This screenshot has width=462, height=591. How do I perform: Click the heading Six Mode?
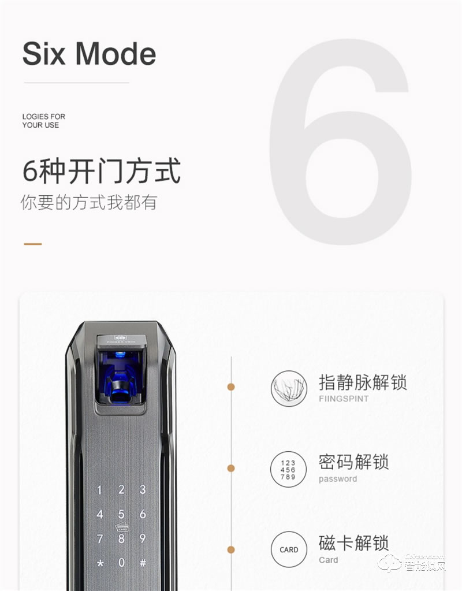click(x=89, y=54)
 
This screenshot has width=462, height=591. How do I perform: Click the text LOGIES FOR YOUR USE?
click(x=43, y=121)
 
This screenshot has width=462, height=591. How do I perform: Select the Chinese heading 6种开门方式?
click(x=101, y=170)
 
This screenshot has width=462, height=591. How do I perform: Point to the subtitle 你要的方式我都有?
click(x=88, y=203)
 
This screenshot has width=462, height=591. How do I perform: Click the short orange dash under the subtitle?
click(x=33, y=244)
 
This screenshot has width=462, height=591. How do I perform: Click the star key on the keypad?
click(x=100, y=563)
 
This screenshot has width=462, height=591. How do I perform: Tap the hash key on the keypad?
click(x=143, y=563)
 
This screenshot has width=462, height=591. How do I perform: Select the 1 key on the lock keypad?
click(x=99, y=490)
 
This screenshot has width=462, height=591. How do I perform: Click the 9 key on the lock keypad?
click(x=143, y=538)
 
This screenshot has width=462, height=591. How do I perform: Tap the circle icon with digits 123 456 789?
click(x=289, y=469)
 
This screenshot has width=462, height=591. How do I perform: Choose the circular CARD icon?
click(x=289, y=549)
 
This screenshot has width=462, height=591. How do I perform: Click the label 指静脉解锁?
click(x=363, y=382)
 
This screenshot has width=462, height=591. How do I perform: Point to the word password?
click(x=338, y=479)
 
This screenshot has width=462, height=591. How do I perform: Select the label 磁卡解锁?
click(x=353, y=544)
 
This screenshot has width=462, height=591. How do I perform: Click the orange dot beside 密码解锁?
click(x=231, y=469)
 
